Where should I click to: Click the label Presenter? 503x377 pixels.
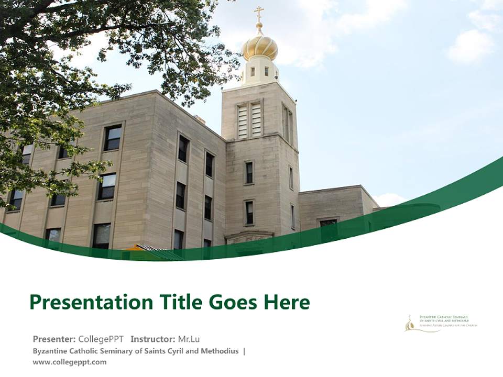click(x=54, y=339)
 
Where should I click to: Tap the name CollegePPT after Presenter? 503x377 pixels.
click(x=101, y=339)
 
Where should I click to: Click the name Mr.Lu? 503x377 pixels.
click(x=189, y=339)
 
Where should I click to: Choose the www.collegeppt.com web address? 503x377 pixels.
click(x=69, y=362)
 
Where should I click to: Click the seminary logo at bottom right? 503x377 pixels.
click(x=441, y=323)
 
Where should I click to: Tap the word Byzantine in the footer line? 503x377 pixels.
click(x=50, y=351)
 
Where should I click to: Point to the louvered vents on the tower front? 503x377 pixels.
click(x=249, y=119)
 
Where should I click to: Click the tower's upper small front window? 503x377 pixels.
click(x=249, y=172)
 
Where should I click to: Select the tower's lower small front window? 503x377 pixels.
click(x=249, y=212)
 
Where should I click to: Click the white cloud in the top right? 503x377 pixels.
click(x=471, y=46)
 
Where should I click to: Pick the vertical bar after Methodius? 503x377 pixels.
click(x=244, y=351)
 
